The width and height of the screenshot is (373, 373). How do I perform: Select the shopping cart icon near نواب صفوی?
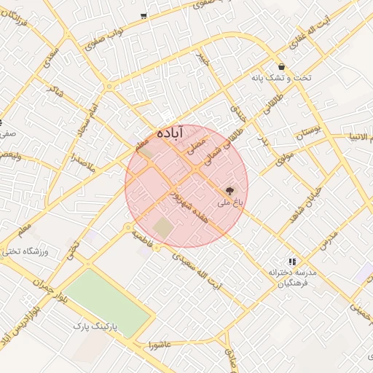(144, 15)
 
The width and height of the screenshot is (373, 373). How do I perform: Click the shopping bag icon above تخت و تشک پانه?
(280, 66)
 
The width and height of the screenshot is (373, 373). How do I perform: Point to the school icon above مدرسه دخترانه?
(292, 262)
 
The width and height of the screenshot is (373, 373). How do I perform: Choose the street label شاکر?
(53, 93)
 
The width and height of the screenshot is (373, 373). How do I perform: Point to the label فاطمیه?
(143, 241)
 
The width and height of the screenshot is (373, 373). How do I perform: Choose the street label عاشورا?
(158, 343)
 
